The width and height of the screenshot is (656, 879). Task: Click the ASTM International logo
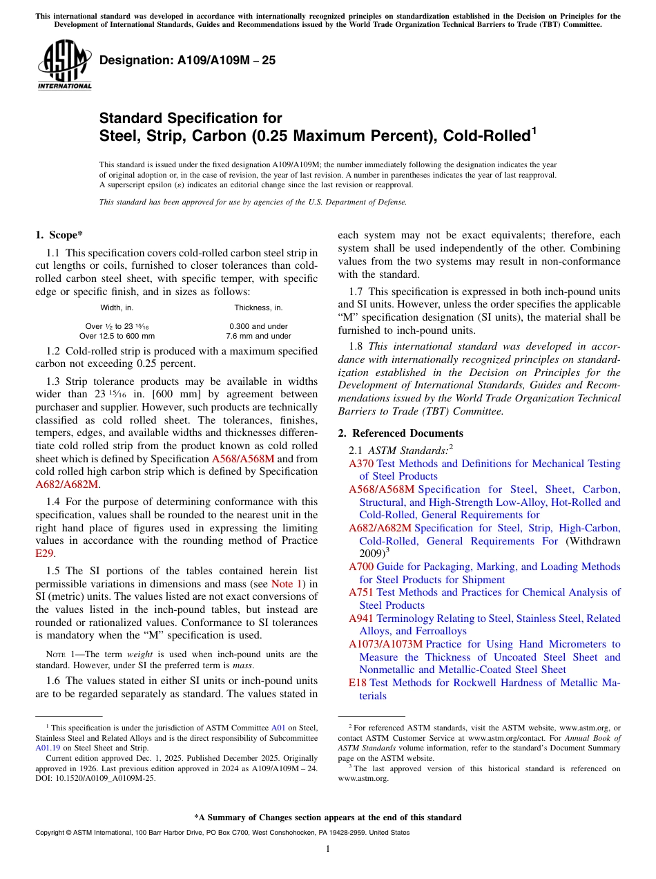click(64, 66)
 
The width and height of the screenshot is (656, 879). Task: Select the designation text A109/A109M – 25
click(187, 60)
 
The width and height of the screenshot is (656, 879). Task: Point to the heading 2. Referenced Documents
click(401, 433)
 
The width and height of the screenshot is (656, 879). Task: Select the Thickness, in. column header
click(258, 308)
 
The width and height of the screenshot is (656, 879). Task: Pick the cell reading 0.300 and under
click(258, 326)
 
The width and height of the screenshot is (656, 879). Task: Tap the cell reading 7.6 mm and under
click(258, 336)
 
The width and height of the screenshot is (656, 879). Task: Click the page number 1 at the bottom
click(328, 849)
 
